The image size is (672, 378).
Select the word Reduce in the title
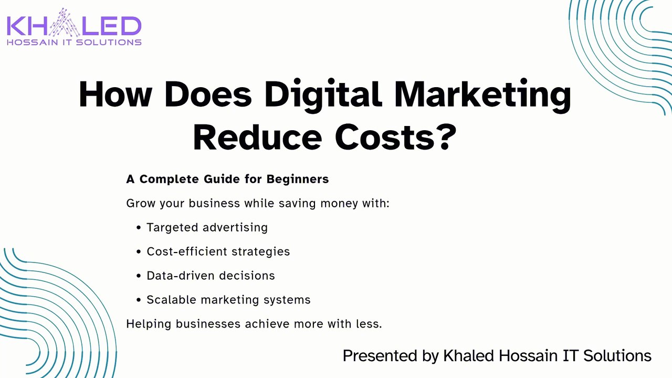pos(257,138)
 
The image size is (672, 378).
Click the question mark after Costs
pos(446,137)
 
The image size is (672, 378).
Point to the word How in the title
pos(115,94)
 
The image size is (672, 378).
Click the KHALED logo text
pos(74,26)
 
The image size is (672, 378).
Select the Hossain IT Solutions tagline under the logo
pos(74,43)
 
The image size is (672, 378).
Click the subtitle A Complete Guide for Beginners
pos(227,179)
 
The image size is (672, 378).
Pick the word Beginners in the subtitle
pos(298,180)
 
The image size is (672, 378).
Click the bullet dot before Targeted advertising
pos(138,228)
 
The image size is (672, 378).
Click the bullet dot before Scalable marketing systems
pos(138,300)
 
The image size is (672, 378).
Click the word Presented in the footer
pos(380,356)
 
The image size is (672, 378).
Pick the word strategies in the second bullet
pos(261,251)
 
